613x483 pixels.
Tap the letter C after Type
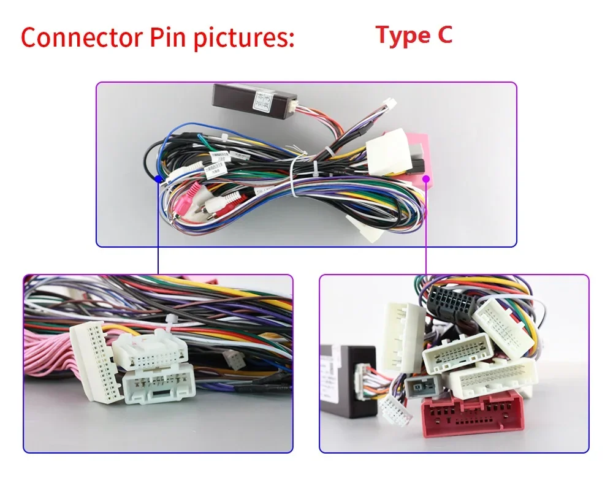point(444,35)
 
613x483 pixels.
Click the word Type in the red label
point(402,36)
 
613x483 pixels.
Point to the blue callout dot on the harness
point(158,179)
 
